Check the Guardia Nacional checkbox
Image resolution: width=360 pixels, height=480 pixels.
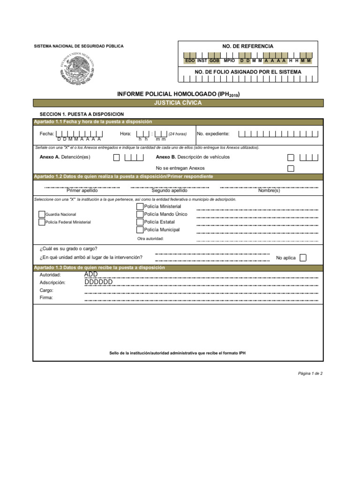pyautogui.click(x=42, y=214)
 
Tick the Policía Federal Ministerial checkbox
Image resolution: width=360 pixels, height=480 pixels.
pyautogui.click(x=42, y=222)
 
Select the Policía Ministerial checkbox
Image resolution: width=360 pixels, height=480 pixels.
pyautogui.click(x=140, y=207)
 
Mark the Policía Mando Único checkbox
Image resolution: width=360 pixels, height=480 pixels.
pyautogui.click(x=140, y=214)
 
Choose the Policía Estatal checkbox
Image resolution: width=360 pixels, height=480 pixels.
pyautogui.click(x=140, y=222)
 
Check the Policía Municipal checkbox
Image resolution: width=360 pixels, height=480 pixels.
pyautogui.click(x=140, y=230)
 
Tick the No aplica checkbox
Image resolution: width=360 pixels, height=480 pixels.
pyautogui.click(x=303, y=257)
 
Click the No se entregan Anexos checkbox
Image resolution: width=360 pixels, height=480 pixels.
pyautogui.click(x=291, y=168)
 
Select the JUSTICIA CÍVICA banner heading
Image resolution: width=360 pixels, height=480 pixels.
pyautogui.click(x=178, y=103)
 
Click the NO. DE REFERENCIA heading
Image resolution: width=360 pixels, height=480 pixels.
pyautogui.click(x=248, y=46)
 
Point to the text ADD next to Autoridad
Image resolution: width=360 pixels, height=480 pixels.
pyautogui.click(x=91, y=274)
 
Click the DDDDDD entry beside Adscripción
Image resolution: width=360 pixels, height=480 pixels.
pyautogui.click(x=98, y=282)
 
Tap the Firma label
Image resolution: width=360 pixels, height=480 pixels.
pyautogui.click(x=46, y=298)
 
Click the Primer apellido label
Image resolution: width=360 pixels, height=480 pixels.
pyautogui.click(x=82, y=191)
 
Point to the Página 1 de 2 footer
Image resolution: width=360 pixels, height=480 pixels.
pyautogui.click(x=310, y=374)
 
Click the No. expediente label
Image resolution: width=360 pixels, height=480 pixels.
pyautogui.click(x=213, y=134)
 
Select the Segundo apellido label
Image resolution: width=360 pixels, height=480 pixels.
pyautogui.click(x=169, y=191)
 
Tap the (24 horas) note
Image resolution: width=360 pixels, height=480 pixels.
pyautogui.click(x=178, y=134)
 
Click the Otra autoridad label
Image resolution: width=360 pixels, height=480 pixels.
pyautogui.click(x=150, y=239)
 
